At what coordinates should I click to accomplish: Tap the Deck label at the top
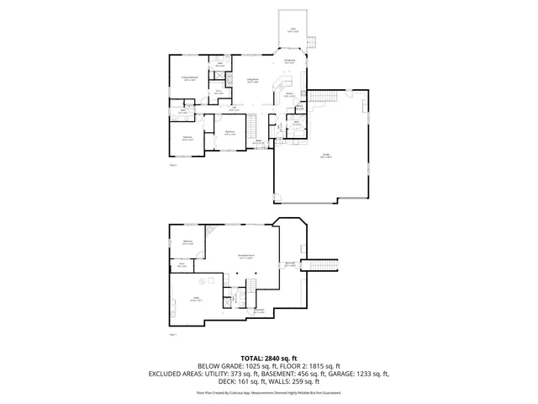293,29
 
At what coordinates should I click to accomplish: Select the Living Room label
252,81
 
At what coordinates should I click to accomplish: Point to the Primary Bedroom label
189,78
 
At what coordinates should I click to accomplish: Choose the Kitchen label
288,96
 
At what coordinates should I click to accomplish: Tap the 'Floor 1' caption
173,334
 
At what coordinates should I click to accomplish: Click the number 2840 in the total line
274,358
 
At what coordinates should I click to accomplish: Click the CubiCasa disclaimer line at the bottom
269,392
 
